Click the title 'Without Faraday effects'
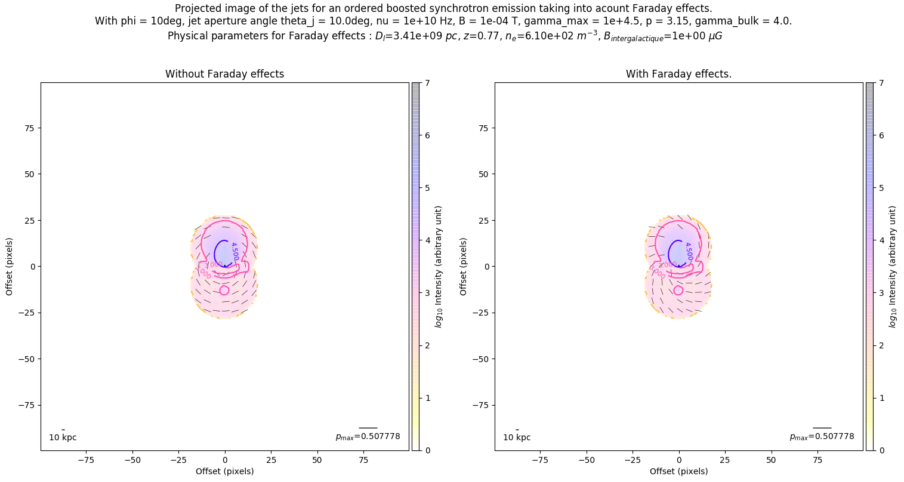click(x=224, y=74)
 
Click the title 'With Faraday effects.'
click(x=678, y=74)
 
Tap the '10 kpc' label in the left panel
click(x=63, y=437)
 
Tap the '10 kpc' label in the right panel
click(x=517, y=437)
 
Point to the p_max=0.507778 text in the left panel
click(x=368, y=437)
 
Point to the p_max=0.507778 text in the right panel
click(x=822, y=437)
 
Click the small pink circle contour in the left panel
click(x=224, y=290)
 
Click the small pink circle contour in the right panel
click(x=678, y=290)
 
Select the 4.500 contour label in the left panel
click(x=235, y=251)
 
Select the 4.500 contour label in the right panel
click(x=689, y=251)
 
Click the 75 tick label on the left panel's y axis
click(x=28, y=128)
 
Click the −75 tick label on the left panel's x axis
click(x=87, y=460)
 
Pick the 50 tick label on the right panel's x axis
click(x=771, y=460)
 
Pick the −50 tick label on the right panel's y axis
click(x=480, y=359)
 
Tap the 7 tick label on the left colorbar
click(x=426, y=84)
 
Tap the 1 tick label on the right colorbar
click(x=880, y=398)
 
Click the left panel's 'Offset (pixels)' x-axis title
click(x=224, y=471)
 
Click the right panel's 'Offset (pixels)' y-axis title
click(x=464, y=266)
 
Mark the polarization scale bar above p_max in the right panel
click(x=822, y=428)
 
